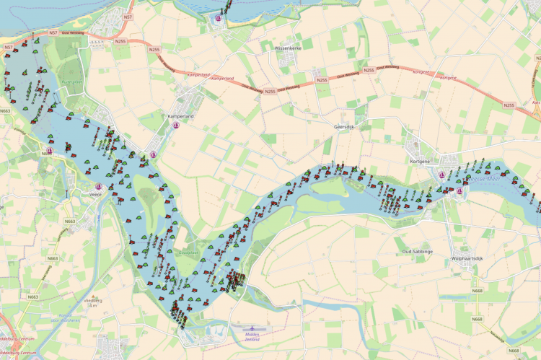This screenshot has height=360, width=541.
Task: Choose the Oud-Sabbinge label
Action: pos(416,251)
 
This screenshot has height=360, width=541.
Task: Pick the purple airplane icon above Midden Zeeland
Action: pos(252,328)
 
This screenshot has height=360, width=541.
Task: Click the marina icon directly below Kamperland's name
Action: pos(177,128)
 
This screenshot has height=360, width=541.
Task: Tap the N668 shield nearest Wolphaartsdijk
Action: pos(477,291)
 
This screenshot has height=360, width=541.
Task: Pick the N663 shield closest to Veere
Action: pos(70,221)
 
